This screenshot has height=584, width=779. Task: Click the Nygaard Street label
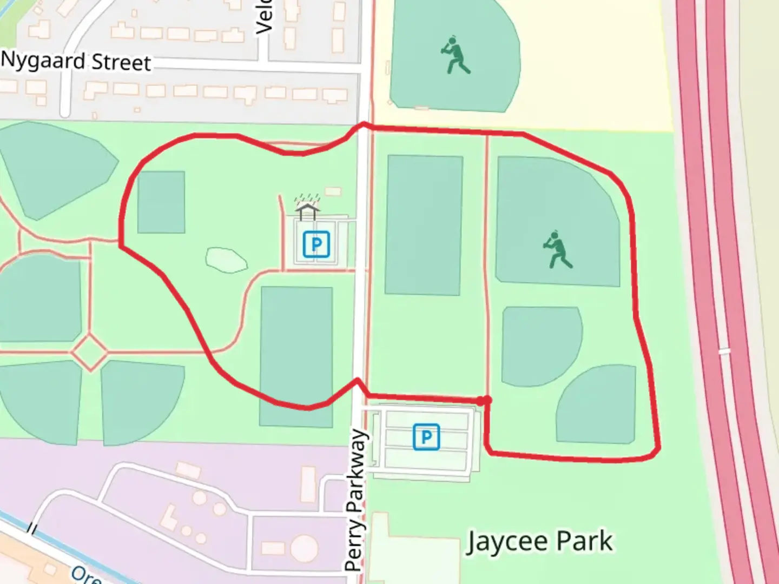pyautogui.click(x=76, y=61)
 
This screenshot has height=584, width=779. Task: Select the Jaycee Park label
pyautogui.click(x=539, y=541)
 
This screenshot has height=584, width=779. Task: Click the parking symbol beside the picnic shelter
pyautogui.click(x=316, y=244)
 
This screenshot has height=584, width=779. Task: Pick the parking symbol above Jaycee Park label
pyautogui.click(x=426, y=437)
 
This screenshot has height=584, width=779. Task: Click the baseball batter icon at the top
pyautogui.click(x=455, y=56)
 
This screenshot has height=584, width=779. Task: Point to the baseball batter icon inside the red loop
pyautogui.click(x=557, y=250)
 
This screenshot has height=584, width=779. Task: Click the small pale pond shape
pyautogui.click(x=226, y=260)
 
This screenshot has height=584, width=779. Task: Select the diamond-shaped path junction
pyautogui.click(x=90, y=352)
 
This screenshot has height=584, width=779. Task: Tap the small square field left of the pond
pyautogui.click(x=161, y=202)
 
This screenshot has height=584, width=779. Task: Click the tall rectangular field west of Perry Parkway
pyautogui.click(x=296, y=357)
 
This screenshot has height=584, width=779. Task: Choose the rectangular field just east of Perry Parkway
pyautogui.click(x=424, y=225)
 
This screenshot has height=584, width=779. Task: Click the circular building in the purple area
pyautogui.click(x=303, y=548)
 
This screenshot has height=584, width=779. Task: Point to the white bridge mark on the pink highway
pyautogui.click(x=724, y=351)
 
